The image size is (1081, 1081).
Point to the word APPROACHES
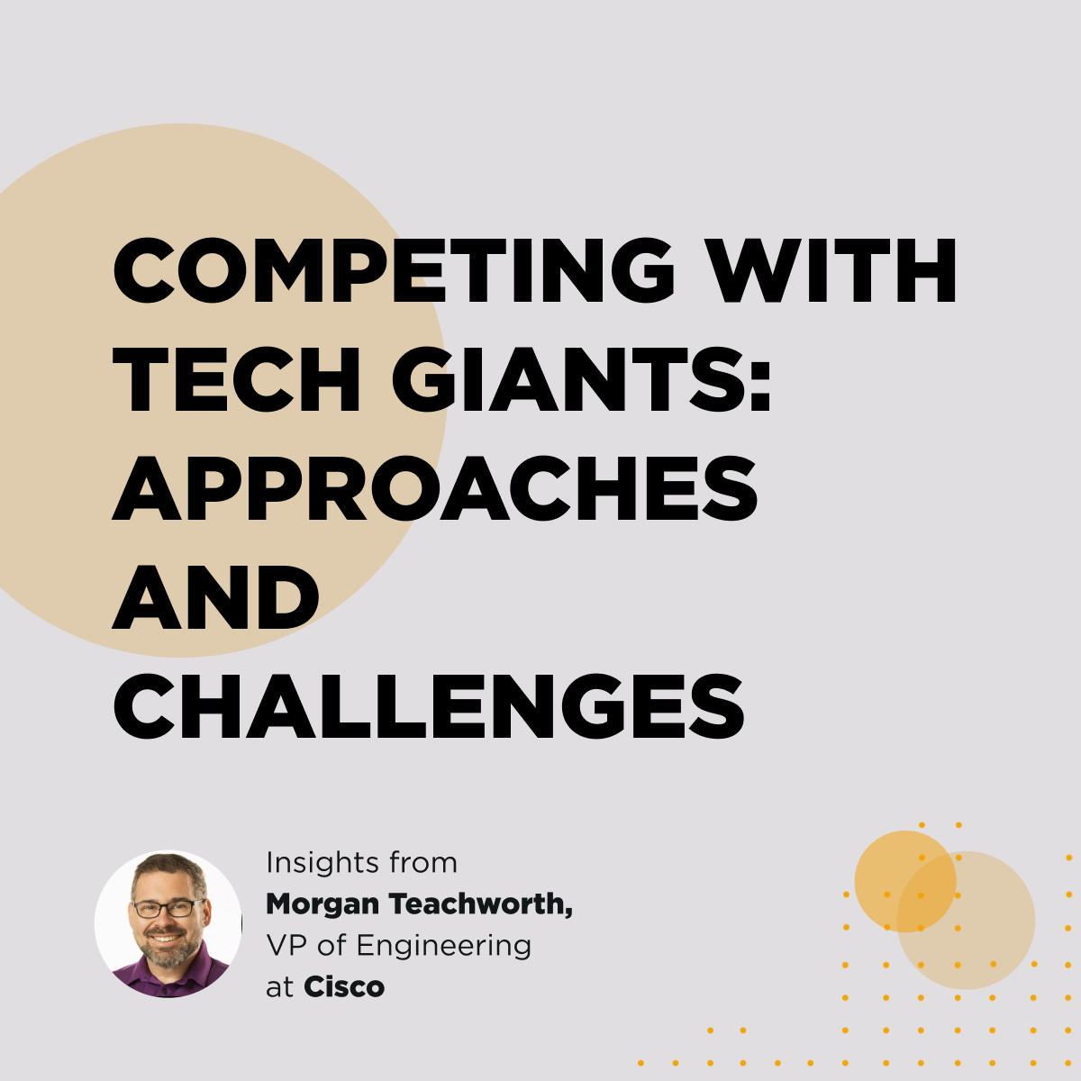tap(435, 488)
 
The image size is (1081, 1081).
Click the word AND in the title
tap(215, 597)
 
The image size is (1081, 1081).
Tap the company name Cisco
tap(344, 987)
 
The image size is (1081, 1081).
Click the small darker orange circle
tap(904, 881)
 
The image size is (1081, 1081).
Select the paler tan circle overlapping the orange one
tap(966, 921)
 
